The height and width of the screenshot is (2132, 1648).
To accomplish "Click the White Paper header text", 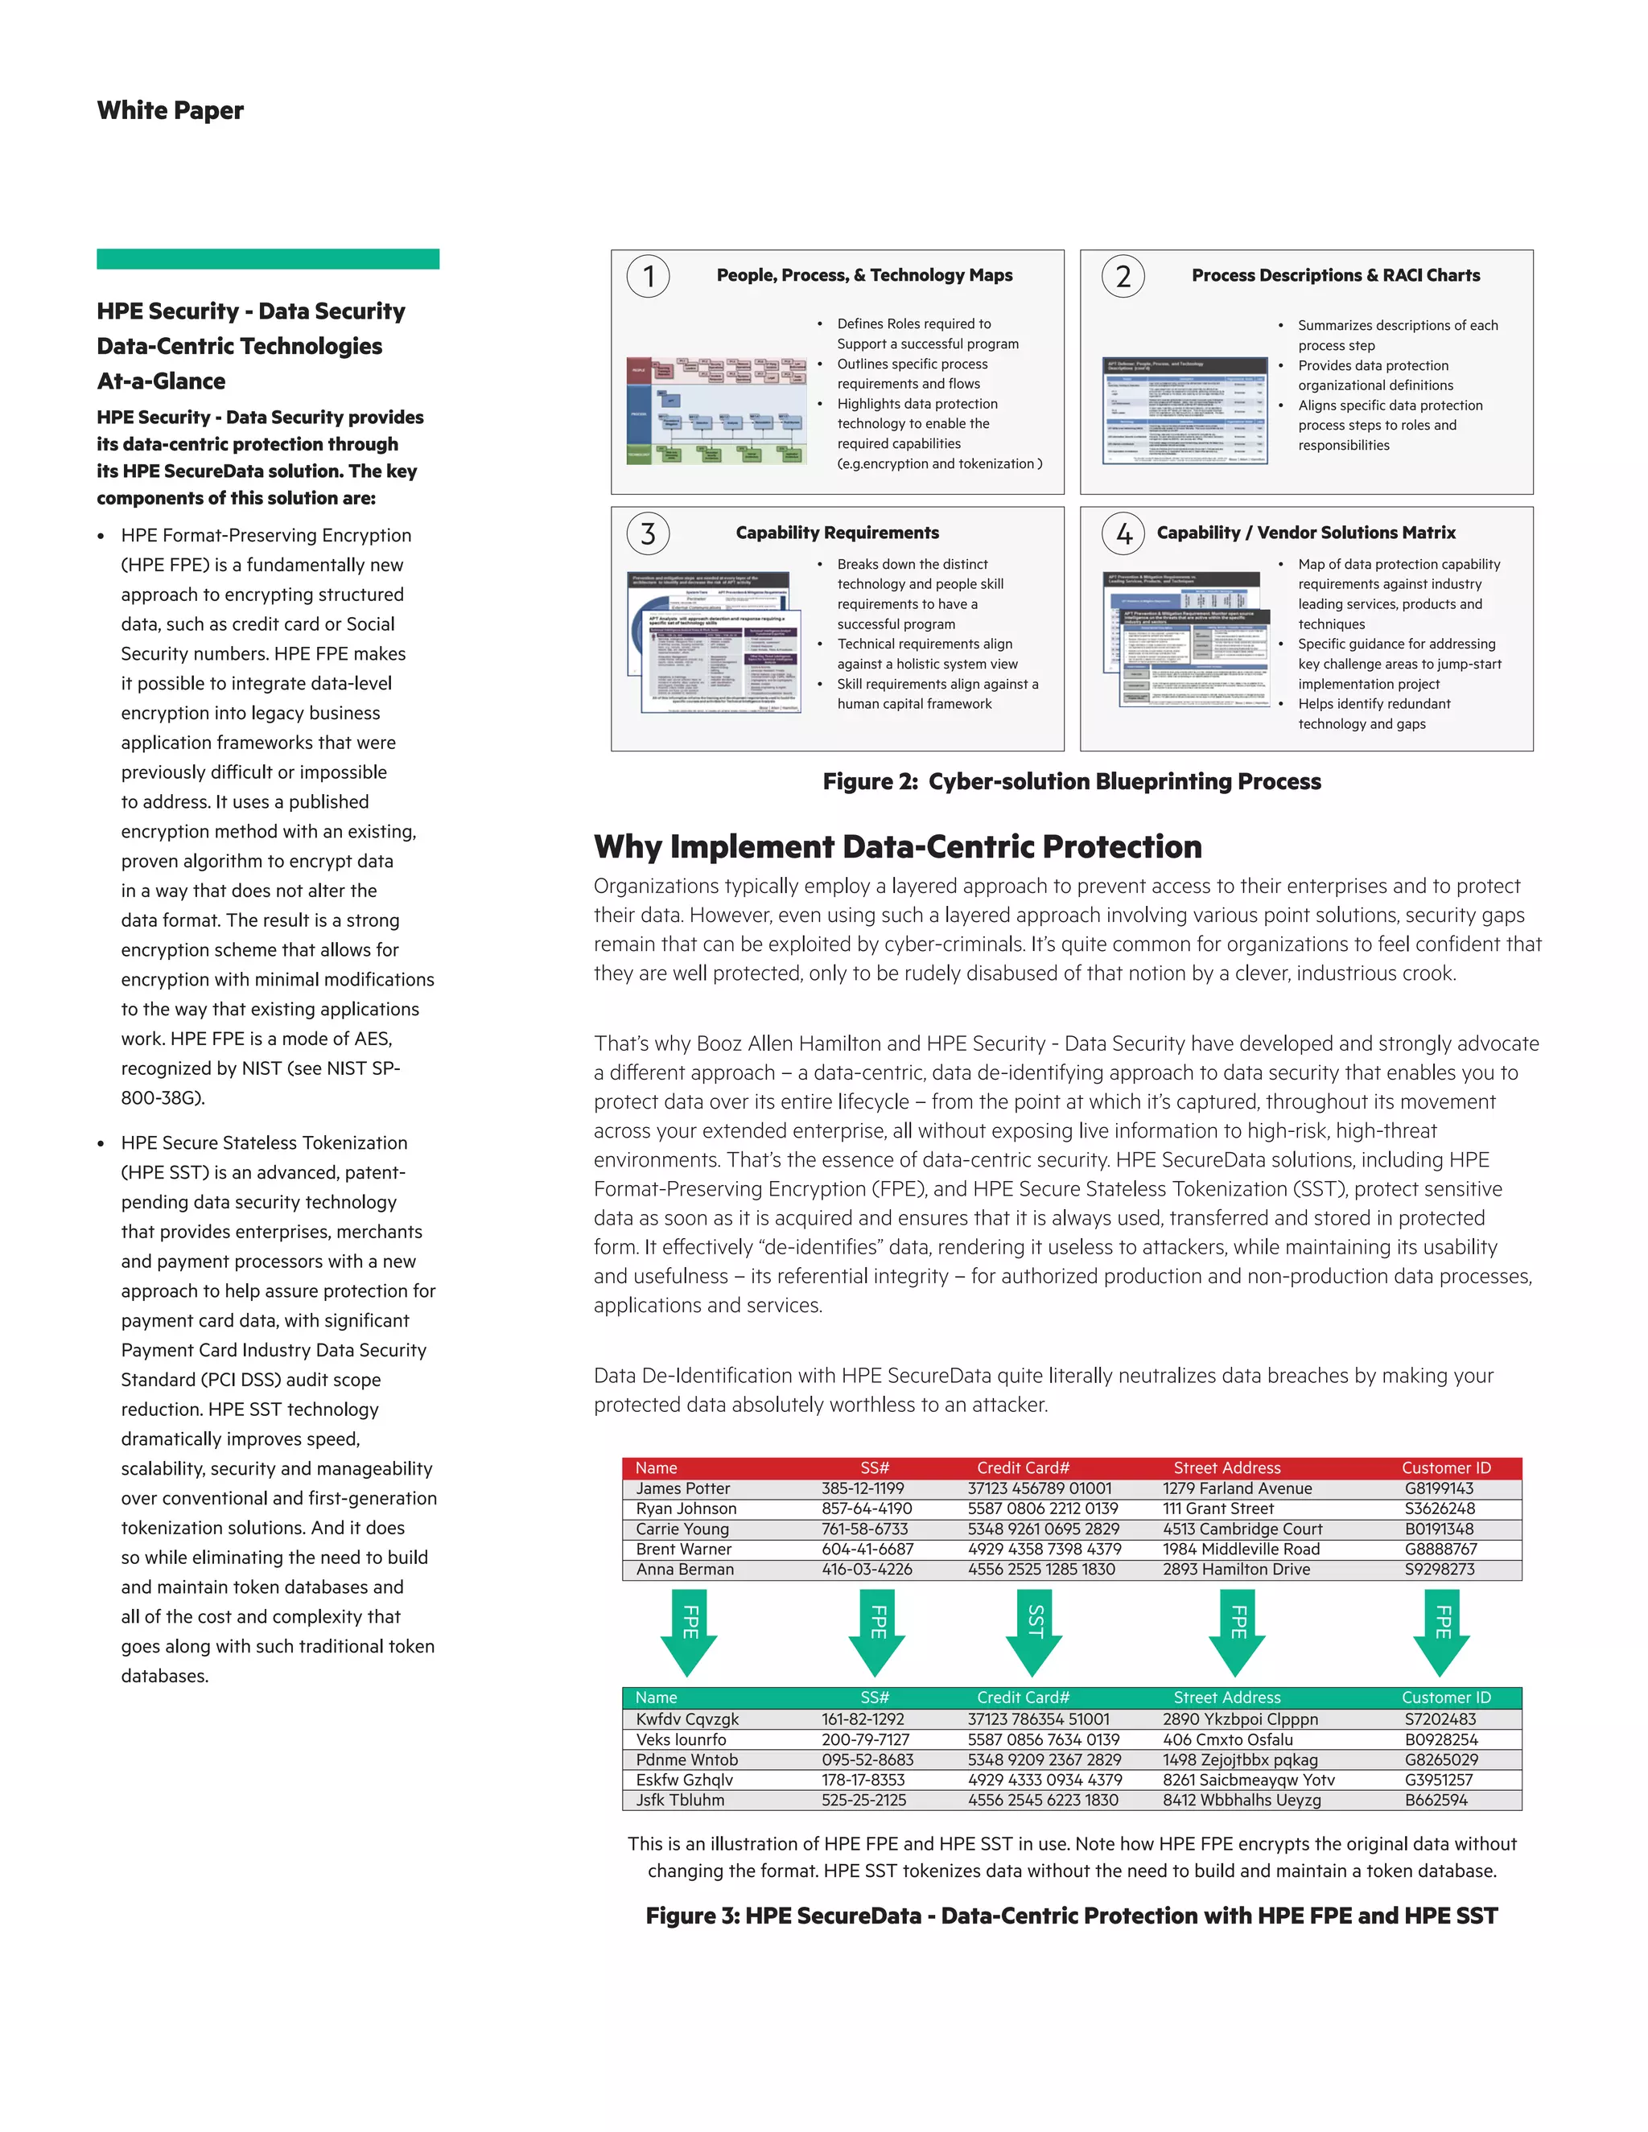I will [x=170, y=110].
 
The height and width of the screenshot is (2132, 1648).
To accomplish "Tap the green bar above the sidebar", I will [x=267, y=259].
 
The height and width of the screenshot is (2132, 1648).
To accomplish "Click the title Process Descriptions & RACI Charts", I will [x=1335, y=275].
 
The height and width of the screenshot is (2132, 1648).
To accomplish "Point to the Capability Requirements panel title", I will [x=837, y=532].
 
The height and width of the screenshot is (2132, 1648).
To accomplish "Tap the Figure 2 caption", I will [x=1071, y=781].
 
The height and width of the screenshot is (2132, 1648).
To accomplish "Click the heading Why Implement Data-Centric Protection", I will [x=897, y=846].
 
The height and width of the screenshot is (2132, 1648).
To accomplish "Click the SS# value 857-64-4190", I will [x=866, y=1508].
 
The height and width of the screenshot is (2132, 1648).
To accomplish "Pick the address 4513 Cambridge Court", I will [x=1242, y=1529].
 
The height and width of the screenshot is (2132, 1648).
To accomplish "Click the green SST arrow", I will [x=1034, y=1632].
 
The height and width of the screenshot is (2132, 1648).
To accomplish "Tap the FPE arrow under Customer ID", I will [x=1440, y=1632].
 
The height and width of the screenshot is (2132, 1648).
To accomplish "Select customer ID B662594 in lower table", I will [x=1436, y=1800].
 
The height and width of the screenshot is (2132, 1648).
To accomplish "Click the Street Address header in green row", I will [x=1226, y=1698].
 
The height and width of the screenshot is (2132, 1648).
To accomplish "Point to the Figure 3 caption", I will [x=1071, y=1916].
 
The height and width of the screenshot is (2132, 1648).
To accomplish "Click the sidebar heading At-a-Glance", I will [x=161, y=381].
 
